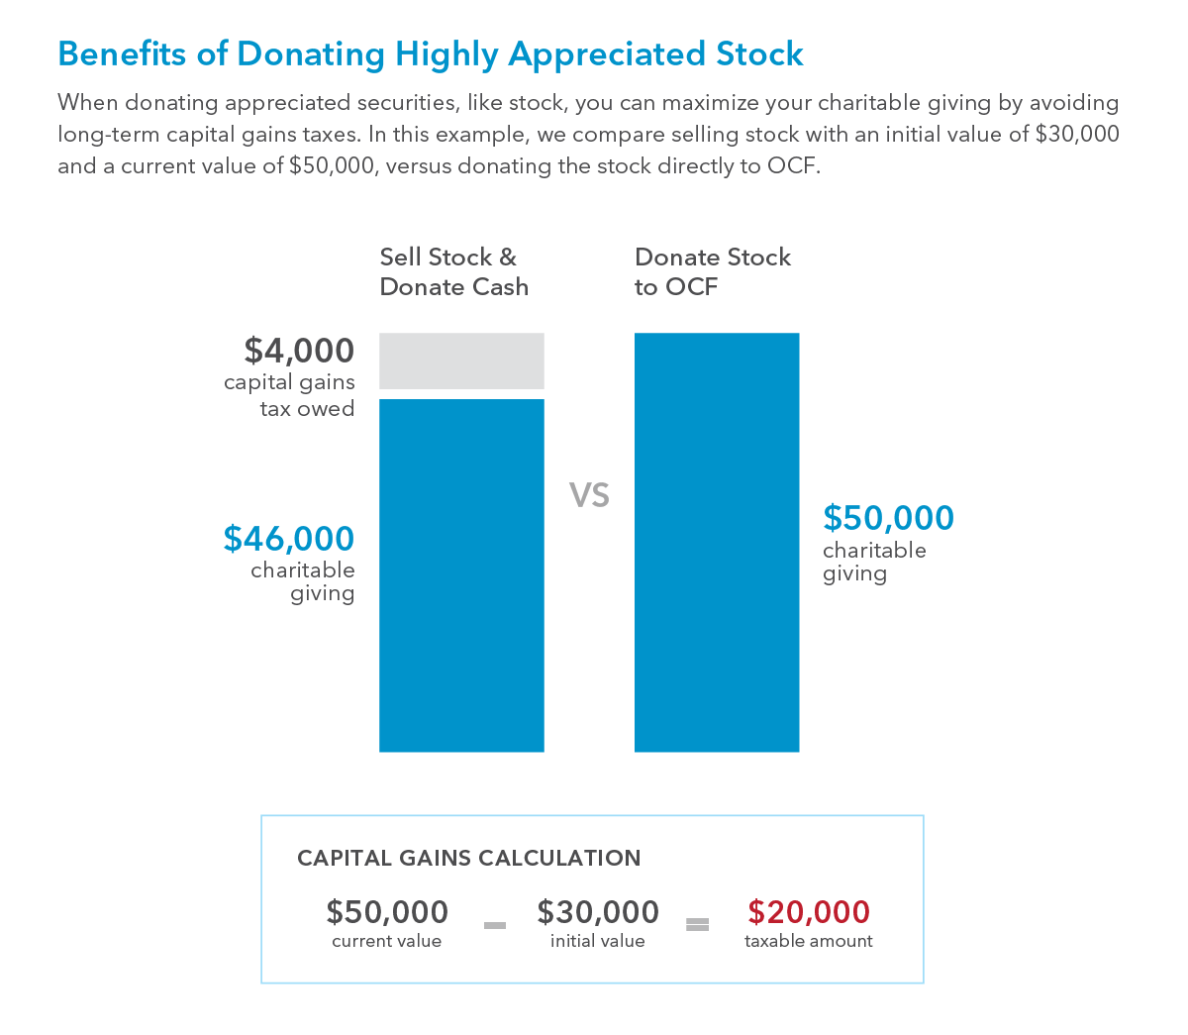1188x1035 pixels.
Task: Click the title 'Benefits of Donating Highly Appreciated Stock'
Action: coord(431,53)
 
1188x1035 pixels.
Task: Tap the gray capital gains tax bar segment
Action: coord(461,361)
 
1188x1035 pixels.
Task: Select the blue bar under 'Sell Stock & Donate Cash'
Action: coord(461,574)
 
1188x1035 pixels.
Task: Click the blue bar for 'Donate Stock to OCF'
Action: coord(717,542)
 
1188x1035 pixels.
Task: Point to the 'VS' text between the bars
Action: coord(589,494)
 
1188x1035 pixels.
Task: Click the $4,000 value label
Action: coord(299,350)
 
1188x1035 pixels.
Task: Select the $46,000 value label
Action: coord(289,538)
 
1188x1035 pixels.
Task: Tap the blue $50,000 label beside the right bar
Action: coord(889,517)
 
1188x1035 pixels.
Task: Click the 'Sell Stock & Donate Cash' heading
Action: coord(454,272)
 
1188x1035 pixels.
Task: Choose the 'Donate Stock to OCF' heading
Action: coord(713,272)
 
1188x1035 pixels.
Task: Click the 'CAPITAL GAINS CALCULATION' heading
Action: coord(468,858)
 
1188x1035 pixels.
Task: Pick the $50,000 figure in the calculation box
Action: coord(387,911)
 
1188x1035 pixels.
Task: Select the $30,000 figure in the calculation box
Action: coord(598,911)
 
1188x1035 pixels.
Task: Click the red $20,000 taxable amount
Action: coord(809,911)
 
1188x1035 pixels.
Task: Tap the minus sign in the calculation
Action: coord(495,925)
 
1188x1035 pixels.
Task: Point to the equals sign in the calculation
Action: coord(698,925)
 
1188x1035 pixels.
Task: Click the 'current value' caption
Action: coord(387,941)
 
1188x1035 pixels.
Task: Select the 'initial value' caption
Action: coord(598,941)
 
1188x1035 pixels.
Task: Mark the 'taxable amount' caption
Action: coord(809,941)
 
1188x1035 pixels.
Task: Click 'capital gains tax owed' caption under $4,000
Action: coord(289,395)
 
